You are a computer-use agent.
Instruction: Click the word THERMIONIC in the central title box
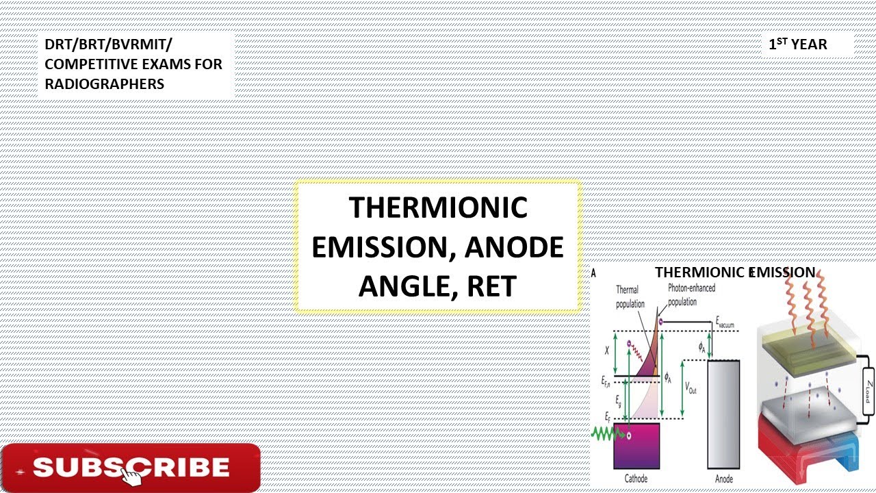click(438, 207)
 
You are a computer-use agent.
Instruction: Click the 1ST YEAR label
click(797, 45)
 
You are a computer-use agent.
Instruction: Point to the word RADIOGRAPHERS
click(105, 84)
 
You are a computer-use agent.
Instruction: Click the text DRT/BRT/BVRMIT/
click(109, 45)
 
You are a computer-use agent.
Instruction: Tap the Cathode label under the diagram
click(636, 479)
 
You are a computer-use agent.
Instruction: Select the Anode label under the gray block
click(724, 479)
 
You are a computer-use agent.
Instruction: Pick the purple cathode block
click(636, 445)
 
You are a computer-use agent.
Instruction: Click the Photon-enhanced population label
click(691, 294)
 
